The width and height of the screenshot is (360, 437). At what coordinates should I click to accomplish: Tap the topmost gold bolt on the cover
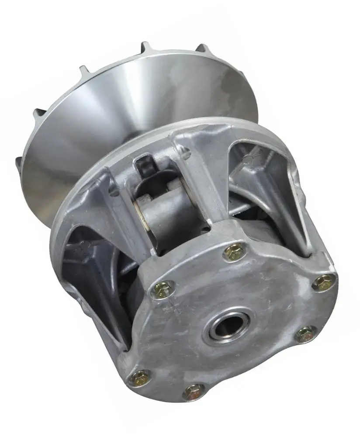(x=235, y=252)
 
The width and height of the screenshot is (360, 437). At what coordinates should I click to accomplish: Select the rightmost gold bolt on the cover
(x=324, y=282)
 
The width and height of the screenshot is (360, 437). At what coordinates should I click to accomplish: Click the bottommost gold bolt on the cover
(x=194, y=392)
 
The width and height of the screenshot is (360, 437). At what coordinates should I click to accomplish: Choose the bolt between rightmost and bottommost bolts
(x=305, y=334)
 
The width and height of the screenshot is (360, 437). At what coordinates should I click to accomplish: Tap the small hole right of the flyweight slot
(x=185, y=153)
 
